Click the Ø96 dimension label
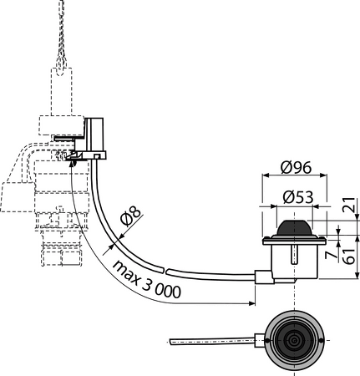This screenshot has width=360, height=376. coord(296,168)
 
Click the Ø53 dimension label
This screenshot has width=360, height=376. coord(298,197)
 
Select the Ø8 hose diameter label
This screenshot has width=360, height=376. coord(130,216)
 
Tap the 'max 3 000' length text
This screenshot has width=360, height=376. coord(146,279)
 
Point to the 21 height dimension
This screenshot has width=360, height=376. coord(350,205)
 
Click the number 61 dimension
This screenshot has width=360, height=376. coord(349,256)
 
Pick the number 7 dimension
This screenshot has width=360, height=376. coord(332,255)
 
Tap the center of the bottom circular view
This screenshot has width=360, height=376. coord(294,340)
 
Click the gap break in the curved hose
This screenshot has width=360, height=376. coord(165,271)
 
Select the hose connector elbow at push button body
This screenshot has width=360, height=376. coord(264,277)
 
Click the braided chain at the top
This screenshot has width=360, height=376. coord(62,36)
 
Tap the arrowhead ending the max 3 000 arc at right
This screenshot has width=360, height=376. coord(251,303)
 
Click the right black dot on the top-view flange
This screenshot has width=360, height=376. coord(322,340)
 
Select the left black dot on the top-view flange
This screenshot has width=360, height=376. coord(267,340)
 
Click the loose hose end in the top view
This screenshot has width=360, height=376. coord(171,342)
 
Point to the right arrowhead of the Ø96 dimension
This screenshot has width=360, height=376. coord(322,175)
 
